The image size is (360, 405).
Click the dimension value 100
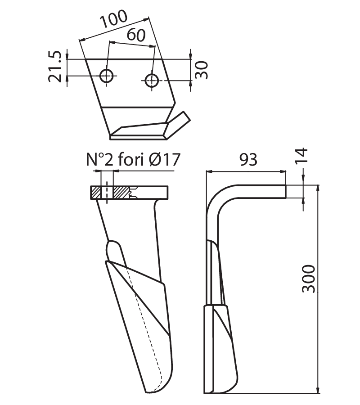coord(114,18)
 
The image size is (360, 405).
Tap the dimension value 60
coord(136,35)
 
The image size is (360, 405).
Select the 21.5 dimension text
coord(55,67)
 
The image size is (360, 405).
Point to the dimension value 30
coord(202,70)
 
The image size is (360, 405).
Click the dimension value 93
coord(248,160)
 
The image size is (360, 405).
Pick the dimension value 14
coord(301,155)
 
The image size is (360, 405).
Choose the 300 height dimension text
coord(309,279)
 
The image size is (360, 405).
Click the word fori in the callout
coord(130,159)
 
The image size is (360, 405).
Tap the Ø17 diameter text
coord(164,159)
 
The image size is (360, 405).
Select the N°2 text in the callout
coord(100,159)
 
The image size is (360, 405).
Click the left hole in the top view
coord(106,76)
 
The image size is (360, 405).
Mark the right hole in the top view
coord(152,81)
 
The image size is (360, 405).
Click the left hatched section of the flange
coord(96,193)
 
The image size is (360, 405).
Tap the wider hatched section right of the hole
coord(121,193)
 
